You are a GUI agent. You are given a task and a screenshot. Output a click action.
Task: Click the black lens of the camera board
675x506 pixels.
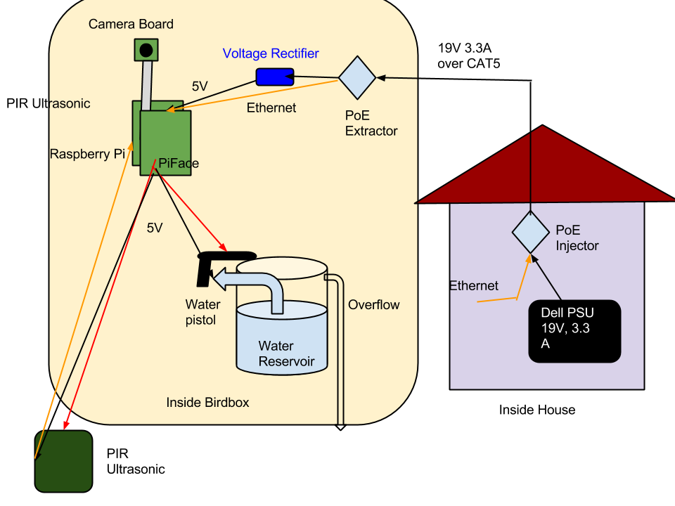coord(146,50)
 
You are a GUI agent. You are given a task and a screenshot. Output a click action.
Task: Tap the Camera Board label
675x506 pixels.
coord(131,25)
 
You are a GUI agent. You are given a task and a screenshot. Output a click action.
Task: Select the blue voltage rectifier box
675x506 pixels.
coord(274,77)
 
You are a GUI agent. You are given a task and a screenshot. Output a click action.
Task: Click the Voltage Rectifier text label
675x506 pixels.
coord(271,53)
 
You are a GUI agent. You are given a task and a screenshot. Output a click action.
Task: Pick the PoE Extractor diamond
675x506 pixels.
coord(357,77)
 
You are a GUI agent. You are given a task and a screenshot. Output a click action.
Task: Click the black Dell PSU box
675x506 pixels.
coord(574,331)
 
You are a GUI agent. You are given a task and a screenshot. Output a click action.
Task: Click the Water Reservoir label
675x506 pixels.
coord(285,354)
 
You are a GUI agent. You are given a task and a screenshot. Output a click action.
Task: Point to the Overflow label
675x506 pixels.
coord(374,305)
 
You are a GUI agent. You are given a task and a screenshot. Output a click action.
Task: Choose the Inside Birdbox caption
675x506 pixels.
coord(207,403)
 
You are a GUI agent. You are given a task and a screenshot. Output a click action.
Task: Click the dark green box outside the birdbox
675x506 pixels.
coord(64,461)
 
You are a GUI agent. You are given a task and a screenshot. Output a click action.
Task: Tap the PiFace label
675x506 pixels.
coord(179,164)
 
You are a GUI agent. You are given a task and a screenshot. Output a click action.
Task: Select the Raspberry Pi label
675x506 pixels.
coord(86,155)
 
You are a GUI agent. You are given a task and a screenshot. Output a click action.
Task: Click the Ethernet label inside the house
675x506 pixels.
coord(474,286)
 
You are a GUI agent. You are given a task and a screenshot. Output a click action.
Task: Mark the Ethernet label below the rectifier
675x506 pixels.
coord(271,108)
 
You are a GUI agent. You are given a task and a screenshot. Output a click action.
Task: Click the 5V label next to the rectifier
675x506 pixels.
coord(200,87)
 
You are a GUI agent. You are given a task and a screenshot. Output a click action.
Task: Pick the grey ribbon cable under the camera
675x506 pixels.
coord(148,83)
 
